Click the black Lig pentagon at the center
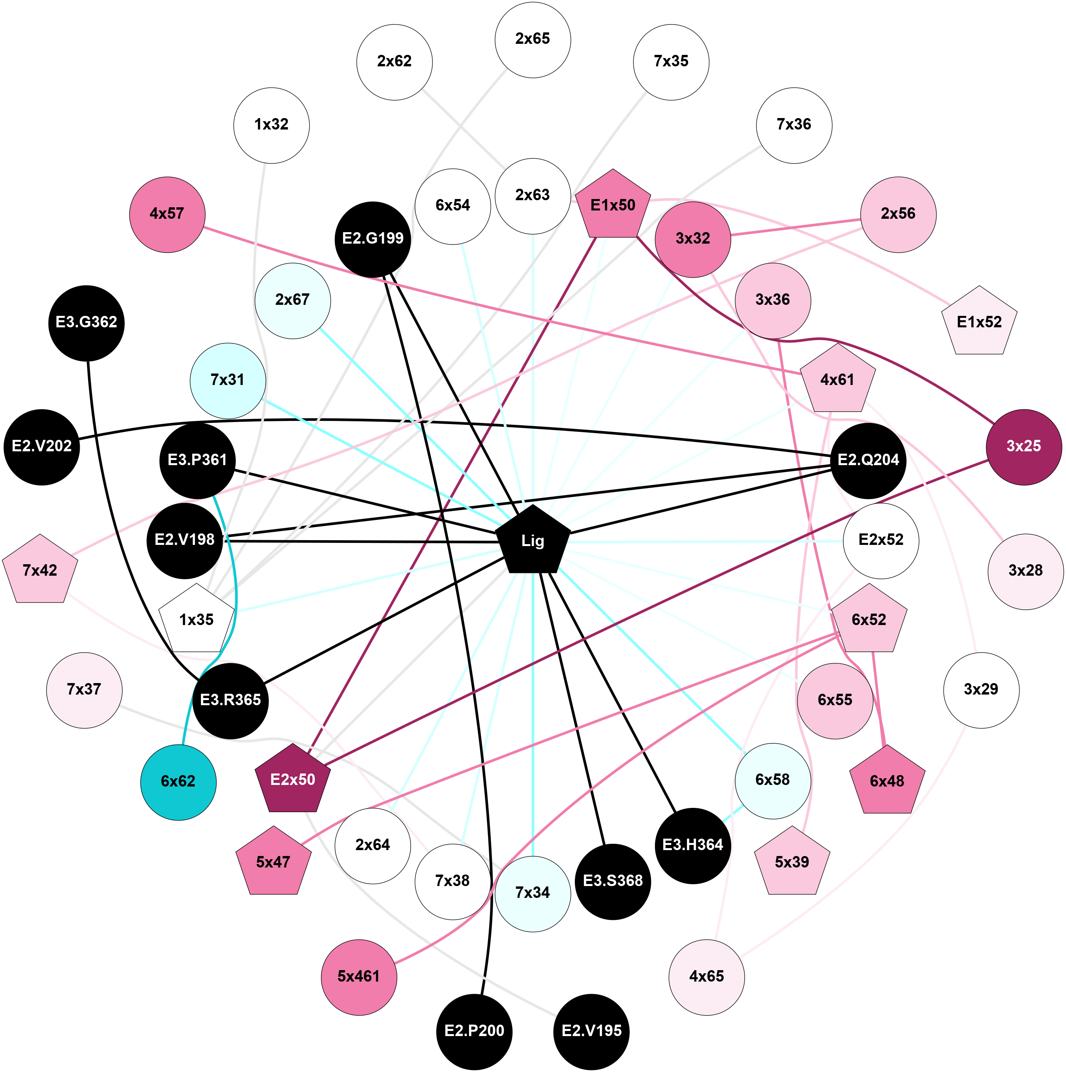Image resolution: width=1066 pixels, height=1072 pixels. [x=533, y=541]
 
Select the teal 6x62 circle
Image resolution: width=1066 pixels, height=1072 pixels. [x=178, y=781]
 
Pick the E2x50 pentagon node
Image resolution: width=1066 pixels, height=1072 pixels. [x=293, y=779]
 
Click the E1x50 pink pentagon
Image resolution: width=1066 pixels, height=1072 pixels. [x=613, y=206]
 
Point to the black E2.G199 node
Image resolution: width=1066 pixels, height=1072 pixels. [x=373, y=239]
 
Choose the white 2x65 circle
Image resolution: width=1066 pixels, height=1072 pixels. [x=533, y=39]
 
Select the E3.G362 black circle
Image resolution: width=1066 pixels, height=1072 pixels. [x=86, y=323]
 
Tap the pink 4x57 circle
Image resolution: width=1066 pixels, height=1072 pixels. [x=167, y=214]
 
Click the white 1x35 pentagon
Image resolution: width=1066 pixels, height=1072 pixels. [x=197, y=620]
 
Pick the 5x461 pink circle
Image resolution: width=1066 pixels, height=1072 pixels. [x=359, y=976]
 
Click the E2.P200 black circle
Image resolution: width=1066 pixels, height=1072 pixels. [x=475, y=1031]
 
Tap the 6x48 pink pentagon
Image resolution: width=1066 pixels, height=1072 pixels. [x=887, y=781]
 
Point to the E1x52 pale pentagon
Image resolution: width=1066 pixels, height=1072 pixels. [x=980, y=322]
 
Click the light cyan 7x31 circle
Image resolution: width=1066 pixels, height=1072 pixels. [x=227, y=381]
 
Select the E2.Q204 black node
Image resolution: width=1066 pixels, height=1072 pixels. [x=869, y=460]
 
